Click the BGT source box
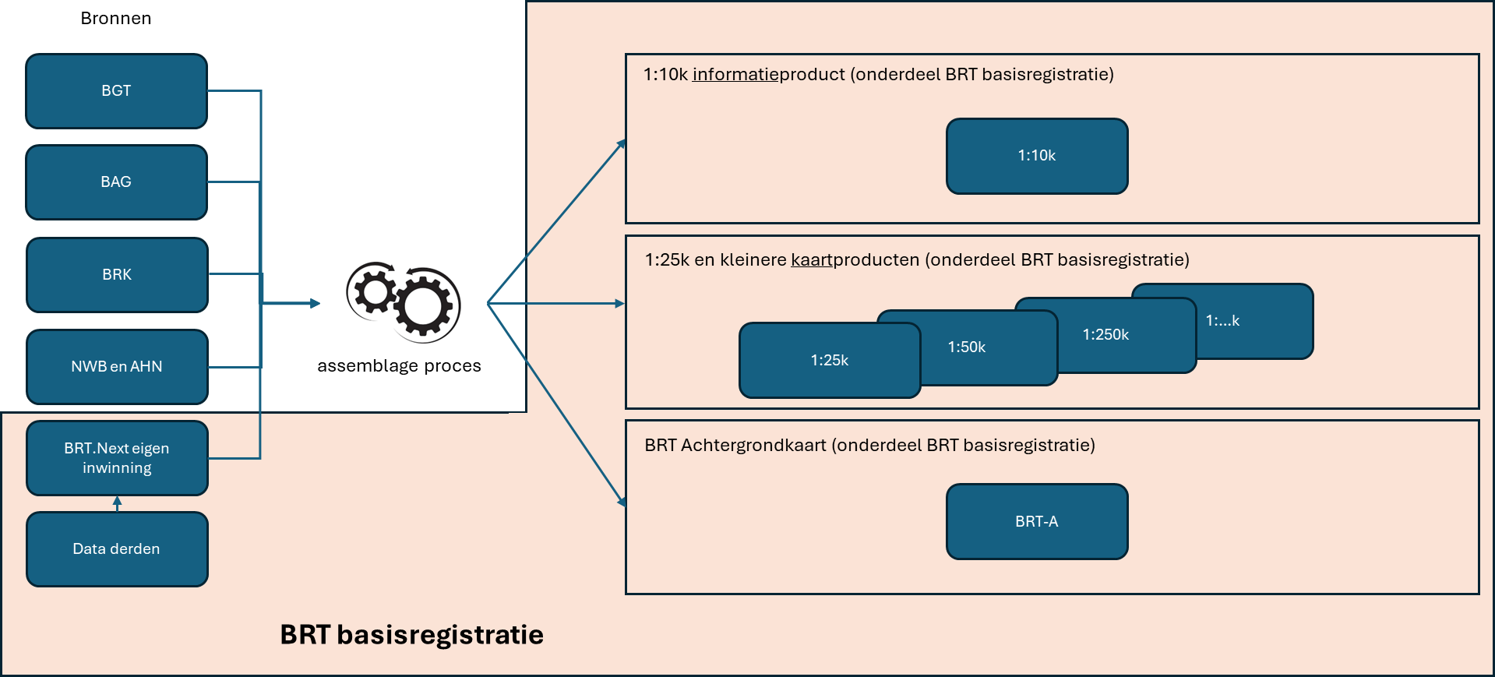click(x=116, y=90)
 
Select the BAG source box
click(x=116, y=182)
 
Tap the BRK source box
click(x=117, y=274)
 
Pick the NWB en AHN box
click(x=117, y=366)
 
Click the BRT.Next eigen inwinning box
click(x=117, y=458)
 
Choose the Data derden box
click(x=117, y=548)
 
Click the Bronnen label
click(x=116, y=18)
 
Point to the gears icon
click(x=404, y=301)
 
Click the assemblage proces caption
click(x=399, y=366)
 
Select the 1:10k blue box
click(x=1037, y=156)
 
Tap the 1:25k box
click(x=829, y=360)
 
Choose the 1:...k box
click(x=1246, y=320)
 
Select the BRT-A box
click(x=1037, y=521)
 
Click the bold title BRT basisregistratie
click(x=411, y=635)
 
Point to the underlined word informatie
click(x=735, y=75)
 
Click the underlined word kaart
click(x=812, y=260)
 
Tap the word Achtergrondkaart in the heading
click(x=753, y=446)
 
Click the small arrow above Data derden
click(x=117, y=503)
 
